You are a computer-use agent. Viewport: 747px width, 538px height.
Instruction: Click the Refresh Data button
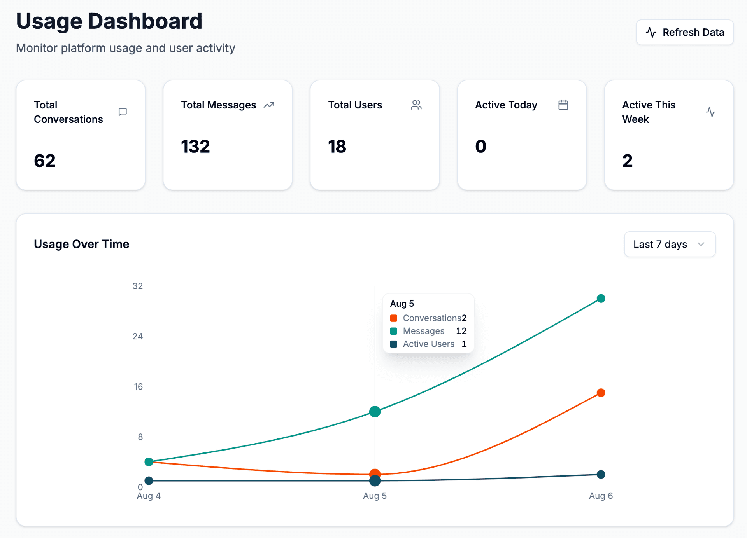(685, 32)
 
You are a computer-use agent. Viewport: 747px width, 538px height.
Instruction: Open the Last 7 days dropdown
(670, 244)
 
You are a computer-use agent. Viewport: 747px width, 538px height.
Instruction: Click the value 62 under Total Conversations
(45, 161)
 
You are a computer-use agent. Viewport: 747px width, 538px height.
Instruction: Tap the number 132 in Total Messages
(195, 147)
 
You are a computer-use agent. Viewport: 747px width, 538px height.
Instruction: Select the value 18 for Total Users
(337, 147)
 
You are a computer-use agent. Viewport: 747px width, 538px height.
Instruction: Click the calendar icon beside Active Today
(563, 105)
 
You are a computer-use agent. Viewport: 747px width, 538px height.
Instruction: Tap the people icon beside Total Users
(416, 105)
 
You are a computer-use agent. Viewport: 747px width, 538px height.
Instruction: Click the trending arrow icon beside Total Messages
(269, 105)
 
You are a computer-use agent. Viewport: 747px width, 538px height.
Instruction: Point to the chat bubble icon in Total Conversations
(123, 112)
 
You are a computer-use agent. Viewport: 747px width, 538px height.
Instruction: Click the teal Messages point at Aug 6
(601, 299)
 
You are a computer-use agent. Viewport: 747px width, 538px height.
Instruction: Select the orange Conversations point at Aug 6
(601, 393)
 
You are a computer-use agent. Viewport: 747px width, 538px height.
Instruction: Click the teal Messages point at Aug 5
(375, 411)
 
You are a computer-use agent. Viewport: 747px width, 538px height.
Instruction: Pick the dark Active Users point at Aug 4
(149, 480)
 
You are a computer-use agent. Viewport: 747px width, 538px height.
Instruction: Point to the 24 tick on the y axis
(138, 336)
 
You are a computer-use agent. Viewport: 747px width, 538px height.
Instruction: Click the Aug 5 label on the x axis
(375, 496)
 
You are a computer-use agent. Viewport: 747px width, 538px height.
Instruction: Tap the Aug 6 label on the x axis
(601, 496)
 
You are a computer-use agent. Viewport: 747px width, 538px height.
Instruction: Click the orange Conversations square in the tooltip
(394, 318)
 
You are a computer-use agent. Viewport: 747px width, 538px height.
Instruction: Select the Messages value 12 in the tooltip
(461, 331)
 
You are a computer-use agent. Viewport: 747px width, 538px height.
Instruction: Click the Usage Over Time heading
(81, 244)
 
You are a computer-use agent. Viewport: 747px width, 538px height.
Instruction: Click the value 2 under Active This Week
(627, 161)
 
